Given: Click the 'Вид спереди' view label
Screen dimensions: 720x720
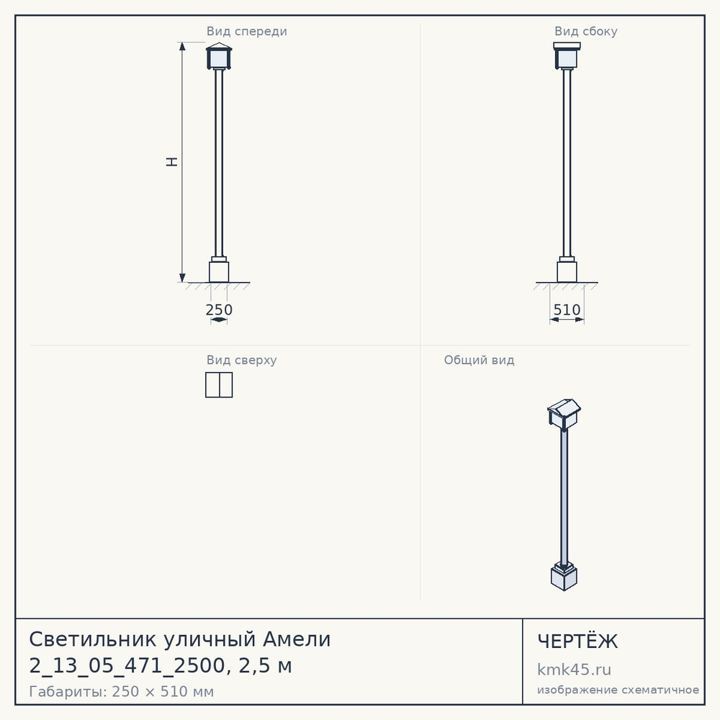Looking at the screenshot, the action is click(x=246, y=32).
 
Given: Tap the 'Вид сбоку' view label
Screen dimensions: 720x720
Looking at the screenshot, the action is click(x=585, y=32).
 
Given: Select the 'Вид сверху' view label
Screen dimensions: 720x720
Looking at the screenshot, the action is click(x=241, y=360).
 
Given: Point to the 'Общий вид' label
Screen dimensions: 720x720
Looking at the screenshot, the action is click(x=479, y=360).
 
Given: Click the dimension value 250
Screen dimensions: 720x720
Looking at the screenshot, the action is click(x=219, y=310).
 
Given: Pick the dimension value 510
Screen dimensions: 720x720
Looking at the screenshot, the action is click(x=567, y=310).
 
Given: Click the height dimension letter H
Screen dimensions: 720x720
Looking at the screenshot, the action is click(x=172, y=161).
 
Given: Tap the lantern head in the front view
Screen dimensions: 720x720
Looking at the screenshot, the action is click(x=219, y=56).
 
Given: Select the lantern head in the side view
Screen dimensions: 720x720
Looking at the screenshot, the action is click(x=567, y=56).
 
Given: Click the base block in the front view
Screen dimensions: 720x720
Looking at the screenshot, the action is click(x=219, y=272).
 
